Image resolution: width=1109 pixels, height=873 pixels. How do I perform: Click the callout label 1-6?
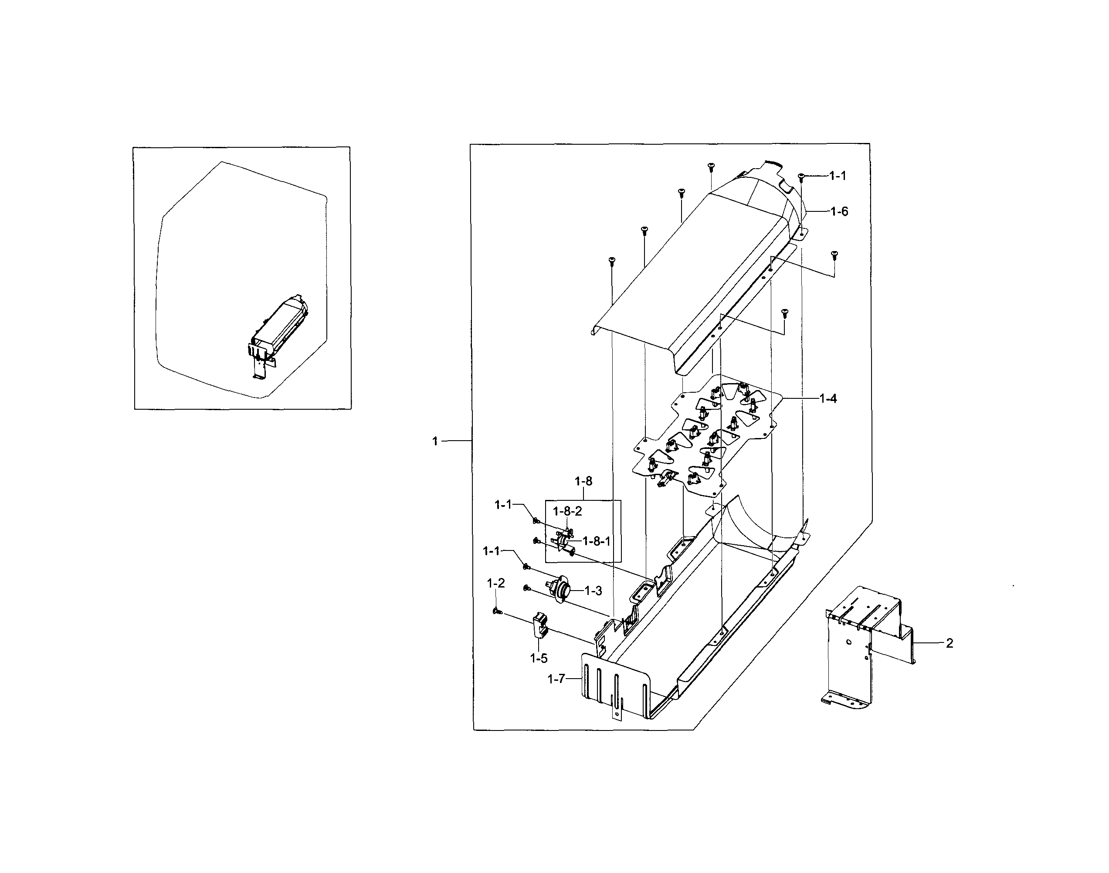coord(839,212)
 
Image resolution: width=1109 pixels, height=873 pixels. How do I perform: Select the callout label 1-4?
coord(828,399)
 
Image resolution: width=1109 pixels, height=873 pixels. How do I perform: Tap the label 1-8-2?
coord(567,511)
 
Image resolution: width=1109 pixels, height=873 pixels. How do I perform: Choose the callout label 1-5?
coord(539,658)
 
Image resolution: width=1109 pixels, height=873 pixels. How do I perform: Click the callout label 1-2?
coord(496,583)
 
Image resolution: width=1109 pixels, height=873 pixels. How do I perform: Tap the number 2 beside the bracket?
coord(950,643)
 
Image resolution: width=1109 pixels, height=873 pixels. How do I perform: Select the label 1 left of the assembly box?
coord(435,441)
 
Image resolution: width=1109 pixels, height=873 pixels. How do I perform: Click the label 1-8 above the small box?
coord(583,481)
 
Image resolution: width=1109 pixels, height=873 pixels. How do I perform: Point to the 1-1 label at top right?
coord(838,176)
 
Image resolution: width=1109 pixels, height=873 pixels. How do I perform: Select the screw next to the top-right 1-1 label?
coord(802,177)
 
